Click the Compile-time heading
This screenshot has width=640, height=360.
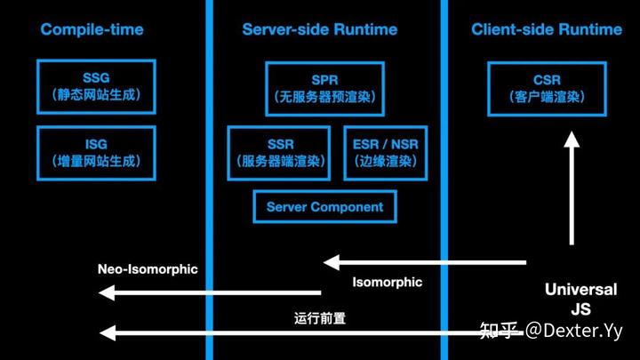click(92, 29)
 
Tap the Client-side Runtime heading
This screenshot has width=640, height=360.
click(547, 29)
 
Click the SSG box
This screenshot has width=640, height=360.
click(97, 86)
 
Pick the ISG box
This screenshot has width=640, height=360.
click(97, 152)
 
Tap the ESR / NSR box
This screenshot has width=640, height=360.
click(385, 152)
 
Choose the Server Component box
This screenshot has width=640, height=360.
click(324, 207)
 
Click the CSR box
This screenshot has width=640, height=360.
click(547, 87)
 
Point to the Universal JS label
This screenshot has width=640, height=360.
click(580, 300)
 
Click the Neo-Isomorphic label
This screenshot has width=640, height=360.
click(148, 269)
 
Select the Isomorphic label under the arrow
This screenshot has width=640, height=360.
click(387, 283)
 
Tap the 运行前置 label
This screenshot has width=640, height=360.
click(319, 317)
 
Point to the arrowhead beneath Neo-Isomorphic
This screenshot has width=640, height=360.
click(108, 292)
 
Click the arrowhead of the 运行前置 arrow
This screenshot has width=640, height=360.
click(108, 333)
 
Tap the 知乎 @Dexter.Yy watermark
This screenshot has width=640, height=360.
click(551, 332)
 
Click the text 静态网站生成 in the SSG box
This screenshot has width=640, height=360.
click(97, 94)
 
